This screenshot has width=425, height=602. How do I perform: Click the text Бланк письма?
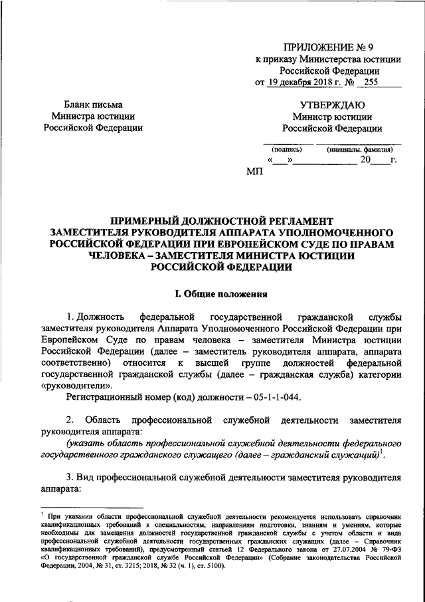coord(93,105)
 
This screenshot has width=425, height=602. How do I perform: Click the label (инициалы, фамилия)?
coord(359,150)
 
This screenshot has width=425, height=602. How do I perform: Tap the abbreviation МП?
coord(254,172)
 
